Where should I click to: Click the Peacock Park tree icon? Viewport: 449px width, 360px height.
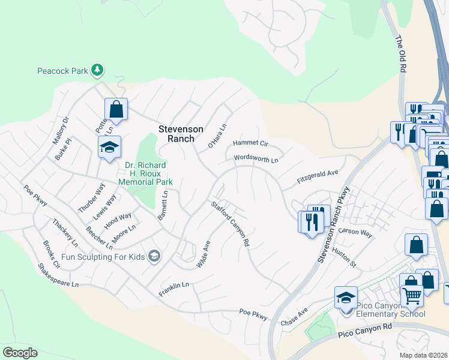tap(97, 71)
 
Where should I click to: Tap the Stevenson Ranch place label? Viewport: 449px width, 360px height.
tap(181, 134)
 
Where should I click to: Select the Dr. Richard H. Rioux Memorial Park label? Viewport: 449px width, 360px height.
tap(145, 173)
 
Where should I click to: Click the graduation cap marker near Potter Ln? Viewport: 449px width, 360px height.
tap(110, 147)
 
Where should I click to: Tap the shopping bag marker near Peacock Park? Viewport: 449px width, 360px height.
tap(116, 109)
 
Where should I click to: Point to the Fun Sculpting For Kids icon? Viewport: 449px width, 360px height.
tap(155, 256)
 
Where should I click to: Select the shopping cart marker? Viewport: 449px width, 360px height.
tap(411, 295)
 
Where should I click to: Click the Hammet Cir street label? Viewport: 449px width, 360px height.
tap(250, 143)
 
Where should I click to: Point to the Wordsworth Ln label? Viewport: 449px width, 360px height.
tap(256, 160)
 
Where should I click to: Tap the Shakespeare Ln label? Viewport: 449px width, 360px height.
tap(58, 274)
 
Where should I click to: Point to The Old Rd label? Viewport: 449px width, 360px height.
tap(400, 55)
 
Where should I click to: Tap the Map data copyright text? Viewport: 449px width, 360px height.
tap(424, 355)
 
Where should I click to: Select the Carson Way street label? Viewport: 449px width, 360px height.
tap(355, 232)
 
